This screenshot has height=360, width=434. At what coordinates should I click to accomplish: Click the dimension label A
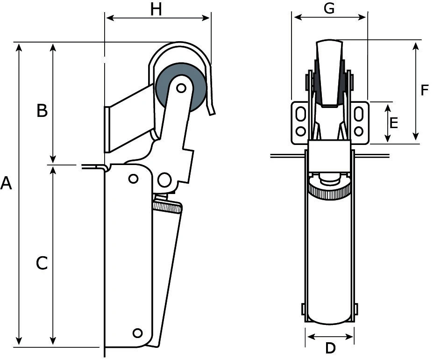pos(6,183)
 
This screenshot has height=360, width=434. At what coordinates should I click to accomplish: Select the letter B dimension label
pos(42,111)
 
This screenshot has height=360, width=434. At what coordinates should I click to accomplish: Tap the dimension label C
pos(42,263)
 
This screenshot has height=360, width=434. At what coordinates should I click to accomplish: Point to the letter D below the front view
pos(330,348)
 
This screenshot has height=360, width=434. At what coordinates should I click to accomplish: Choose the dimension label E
pos(393,123)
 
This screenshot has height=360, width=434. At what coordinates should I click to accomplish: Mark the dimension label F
pos(424,90)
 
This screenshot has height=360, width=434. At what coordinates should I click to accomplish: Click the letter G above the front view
pos(329,8)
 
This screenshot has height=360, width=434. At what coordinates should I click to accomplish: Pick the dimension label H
pos(156,9)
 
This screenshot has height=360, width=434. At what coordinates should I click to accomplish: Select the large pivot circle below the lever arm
pos(164,180)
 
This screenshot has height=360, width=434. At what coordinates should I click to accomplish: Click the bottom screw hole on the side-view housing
pos(137,333)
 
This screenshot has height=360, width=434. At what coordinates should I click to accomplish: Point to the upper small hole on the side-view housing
pos(133,179)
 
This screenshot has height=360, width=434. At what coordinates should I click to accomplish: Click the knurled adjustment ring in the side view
pos(167,206)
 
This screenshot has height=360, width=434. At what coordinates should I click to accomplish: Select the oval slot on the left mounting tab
pos(301,114)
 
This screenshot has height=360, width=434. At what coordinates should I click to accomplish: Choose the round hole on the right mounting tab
pos(359,131)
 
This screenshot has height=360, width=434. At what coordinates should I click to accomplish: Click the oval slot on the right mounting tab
pos(359,114)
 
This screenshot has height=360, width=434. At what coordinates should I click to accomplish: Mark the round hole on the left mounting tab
pos(301,131)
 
